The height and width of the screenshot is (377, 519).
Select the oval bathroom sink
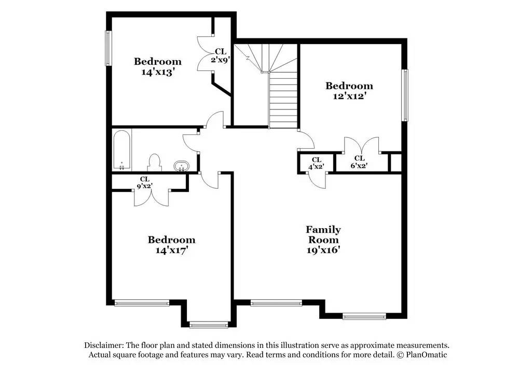(x=181, y=166)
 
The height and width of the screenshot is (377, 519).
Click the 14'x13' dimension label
(x=158, y=72)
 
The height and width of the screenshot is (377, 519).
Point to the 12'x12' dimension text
(x=349, y=96)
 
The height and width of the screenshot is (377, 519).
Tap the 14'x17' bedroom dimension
(x=171, y=250)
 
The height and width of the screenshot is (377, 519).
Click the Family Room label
(x=323, y=234)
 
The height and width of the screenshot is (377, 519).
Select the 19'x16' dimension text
(x=323, y=250)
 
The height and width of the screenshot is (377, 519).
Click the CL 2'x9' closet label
(x=221, y=55)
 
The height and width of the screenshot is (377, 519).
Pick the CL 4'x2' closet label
(x=316, y=163)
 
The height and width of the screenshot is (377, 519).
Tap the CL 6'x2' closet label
(x=359, y=162)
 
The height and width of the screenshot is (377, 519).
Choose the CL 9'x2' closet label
(x=145, y=183)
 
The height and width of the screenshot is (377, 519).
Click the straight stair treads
(x=283, y=100)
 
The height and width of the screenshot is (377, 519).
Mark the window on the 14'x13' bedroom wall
(x=108, y=48)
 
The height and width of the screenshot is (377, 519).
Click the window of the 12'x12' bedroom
(x=405, y=95)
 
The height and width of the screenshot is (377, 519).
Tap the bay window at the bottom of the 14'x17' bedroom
(x=209, y=325)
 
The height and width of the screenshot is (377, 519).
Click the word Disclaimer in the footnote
(x=104, y=345)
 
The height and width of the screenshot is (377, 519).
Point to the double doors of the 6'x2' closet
(x=361, y=145)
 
